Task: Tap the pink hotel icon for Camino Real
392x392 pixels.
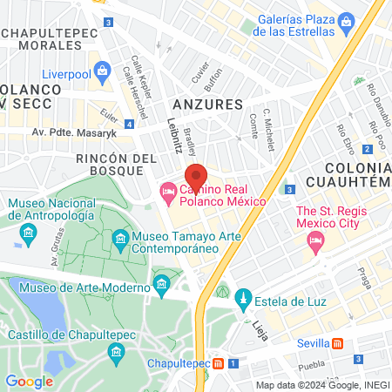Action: [x=166, y=191]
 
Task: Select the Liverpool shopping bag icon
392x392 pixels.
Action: [x=103, y=69]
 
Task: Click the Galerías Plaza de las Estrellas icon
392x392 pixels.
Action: [x=347, y=18]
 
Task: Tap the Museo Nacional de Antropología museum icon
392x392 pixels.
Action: [x=29, y=233]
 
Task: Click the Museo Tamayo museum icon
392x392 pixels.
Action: [x=120, y=238]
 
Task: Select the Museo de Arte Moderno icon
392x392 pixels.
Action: [x=161, y=283]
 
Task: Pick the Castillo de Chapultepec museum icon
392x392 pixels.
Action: [x=115, y=351]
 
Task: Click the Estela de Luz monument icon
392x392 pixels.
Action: [x=244, y=298]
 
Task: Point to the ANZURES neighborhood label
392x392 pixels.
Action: [x=213, y=104]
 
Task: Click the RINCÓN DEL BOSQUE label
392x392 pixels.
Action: [x=116, y=166]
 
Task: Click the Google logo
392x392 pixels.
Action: [x=29, y=381]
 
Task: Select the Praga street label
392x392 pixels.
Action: [x=364, y=279]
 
